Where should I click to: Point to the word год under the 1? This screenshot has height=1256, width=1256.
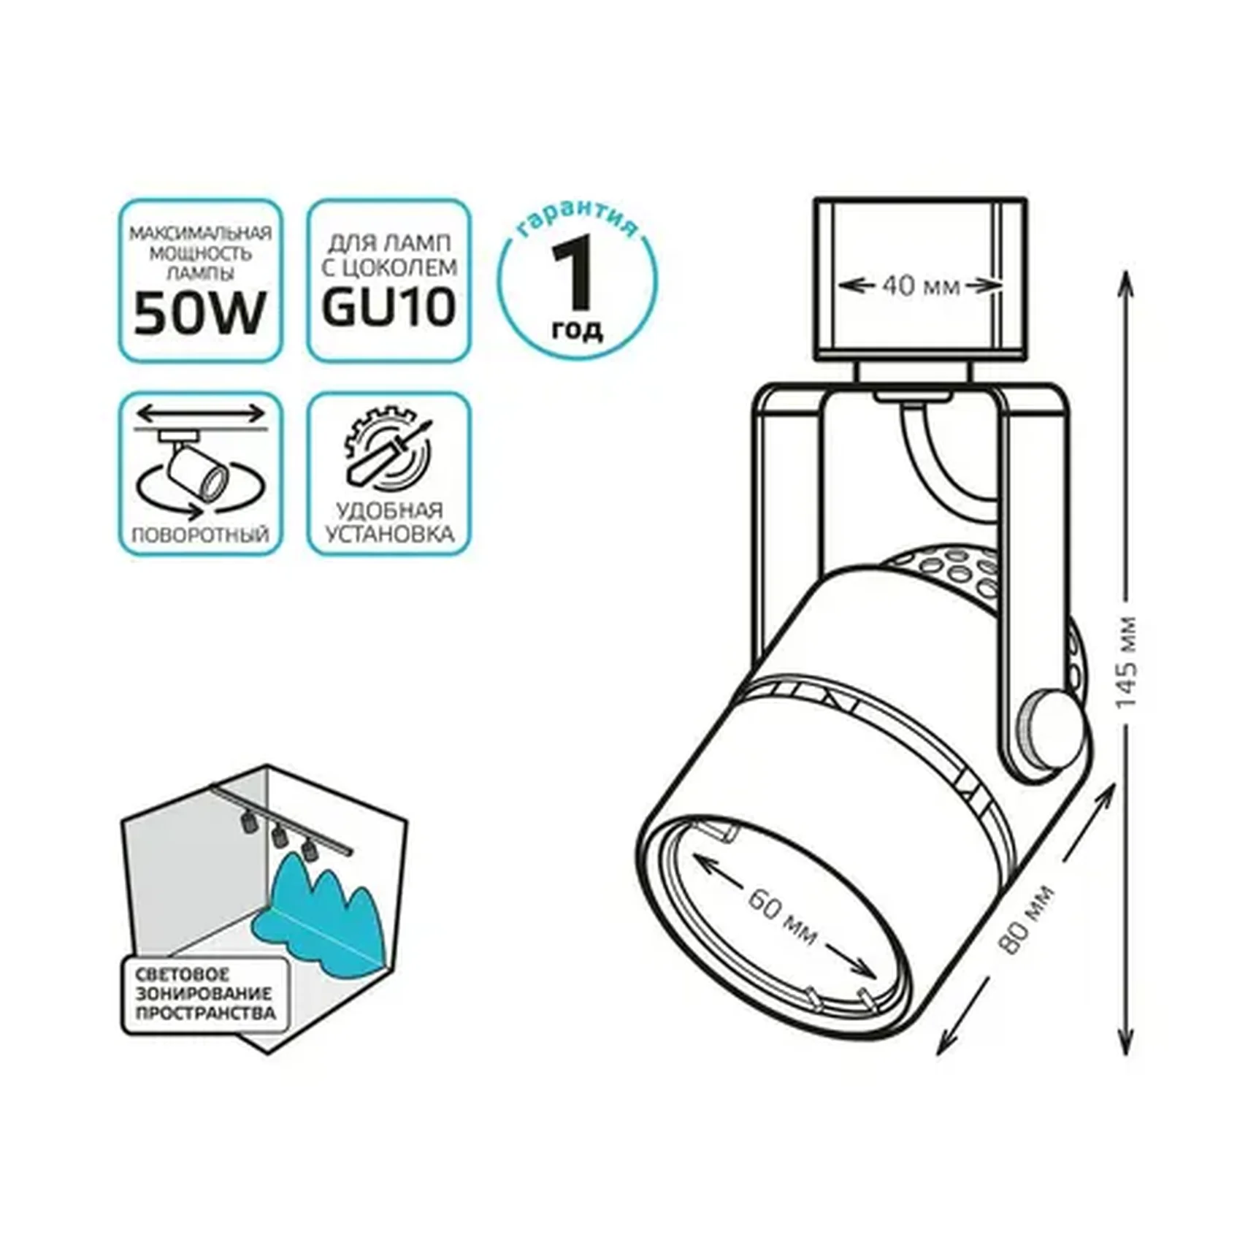click(577, 330)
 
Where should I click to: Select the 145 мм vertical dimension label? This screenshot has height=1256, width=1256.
click(1127, 661)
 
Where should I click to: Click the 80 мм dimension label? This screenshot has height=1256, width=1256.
click(1027, 920)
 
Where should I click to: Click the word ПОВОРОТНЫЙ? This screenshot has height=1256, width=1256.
click(200, 535)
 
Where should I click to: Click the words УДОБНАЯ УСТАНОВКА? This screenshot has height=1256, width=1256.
click(388, 523)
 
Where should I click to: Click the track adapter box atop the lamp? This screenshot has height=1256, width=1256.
click(920, 279)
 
